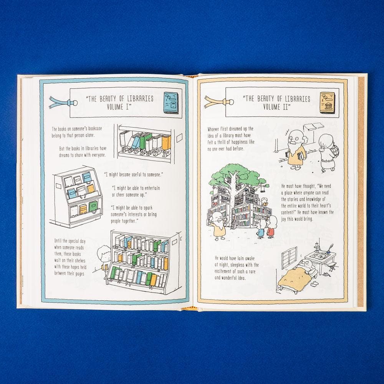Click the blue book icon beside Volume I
point(173,103)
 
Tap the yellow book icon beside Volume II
point(328,103)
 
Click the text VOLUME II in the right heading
point(277,107)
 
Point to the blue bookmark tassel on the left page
point(62,103)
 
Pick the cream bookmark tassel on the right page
point(218,102)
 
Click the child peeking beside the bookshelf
point(104,258)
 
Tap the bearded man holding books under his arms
point(296,150)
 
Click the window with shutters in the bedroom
point(289,257)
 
